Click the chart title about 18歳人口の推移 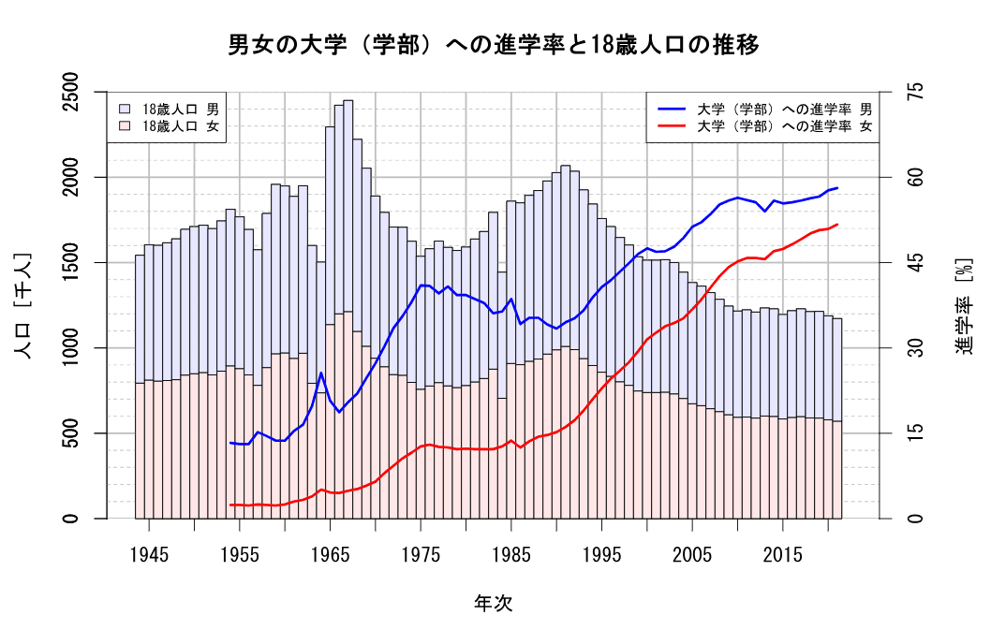[494, 44]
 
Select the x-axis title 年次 [494, 602]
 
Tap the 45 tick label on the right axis [915, 262]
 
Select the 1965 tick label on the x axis [330, 554]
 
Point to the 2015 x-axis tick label [782, 554]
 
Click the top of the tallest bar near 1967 [348, 101]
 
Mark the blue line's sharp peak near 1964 [321, 373]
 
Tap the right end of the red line [837, 224]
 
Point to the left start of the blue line [230, 443]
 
